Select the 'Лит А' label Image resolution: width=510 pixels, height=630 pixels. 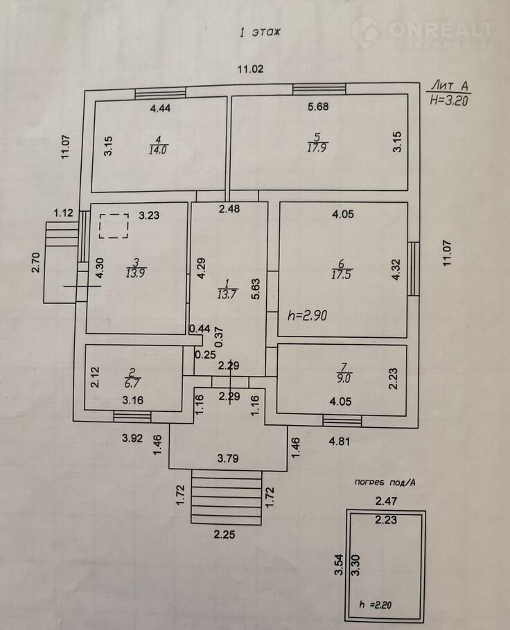[x=449, y=85]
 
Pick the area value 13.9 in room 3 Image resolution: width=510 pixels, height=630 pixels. [x=136, y=273]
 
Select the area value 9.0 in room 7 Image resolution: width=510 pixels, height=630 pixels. [x=340, y=378]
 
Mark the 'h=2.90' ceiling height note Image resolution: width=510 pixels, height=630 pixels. [x=307, y=315]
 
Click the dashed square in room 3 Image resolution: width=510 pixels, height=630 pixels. [x=113, y=226]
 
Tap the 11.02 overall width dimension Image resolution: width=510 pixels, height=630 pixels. [x=251, y=69]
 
